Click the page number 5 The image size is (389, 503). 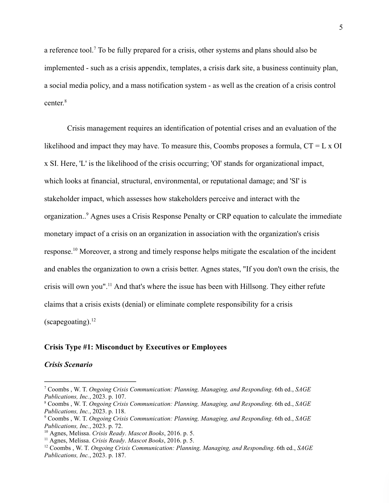341,27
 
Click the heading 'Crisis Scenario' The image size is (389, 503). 68,364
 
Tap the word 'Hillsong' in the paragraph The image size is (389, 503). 254,286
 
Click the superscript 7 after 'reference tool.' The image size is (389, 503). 95,49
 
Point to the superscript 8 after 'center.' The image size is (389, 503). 66,101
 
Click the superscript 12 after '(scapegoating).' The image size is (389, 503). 93,320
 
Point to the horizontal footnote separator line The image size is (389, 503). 90,382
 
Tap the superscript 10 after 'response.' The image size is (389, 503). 75,250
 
